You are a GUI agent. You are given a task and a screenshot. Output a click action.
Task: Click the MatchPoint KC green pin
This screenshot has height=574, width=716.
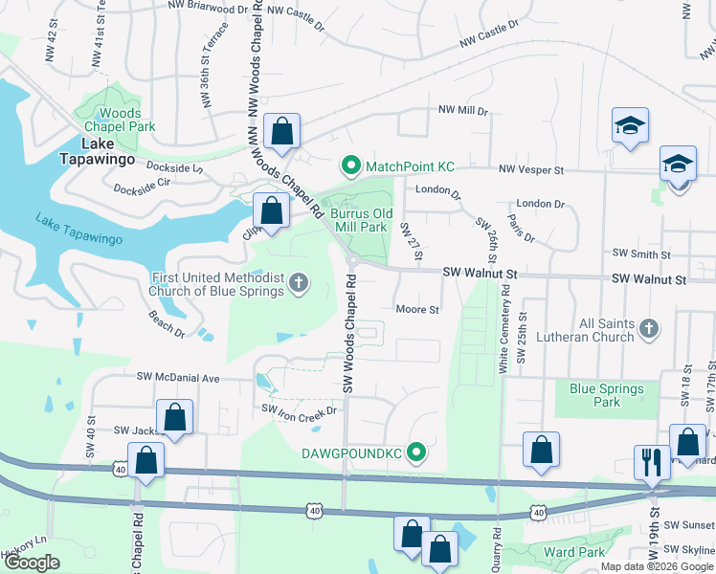(x=350, y=166)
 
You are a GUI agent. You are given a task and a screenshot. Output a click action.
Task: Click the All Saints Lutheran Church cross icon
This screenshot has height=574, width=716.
(x=649, y=329)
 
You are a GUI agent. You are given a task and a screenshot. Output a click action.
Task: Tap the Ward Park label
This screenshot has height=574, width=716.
(x=573, y=552)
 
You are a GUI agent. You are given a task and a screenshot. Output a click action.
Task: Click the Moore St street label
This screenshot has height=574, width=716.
(x=417, y=310)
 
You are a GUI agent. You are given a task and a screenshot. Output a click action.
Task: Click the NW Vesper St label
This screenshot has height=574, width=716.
(x=531, y=169)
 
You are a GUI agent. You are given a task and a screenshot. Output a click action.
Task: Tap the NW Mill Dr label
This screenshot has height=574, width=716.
(x=463, y=111)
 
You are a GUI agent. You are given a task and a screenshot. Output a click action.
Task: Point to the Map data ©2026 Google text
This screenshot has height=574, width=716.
(x=656, y=566)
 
